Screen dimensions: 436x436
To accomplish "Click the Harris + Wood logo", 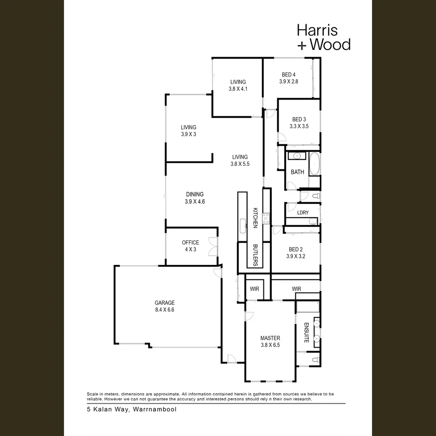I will tap(323, 37).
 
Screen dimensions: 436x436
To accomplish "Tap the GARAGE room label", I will tap(165, 303).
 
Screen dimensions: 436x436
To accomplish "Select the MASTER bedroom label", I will tap(270, 338).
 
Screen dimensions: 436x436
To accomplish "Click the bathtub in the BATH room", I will tap(314, 164).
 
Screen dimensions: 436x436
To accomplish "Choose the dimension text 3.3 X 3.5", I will tap(299, 126).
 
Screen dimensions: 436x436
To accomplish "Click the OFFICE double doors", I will tap(213, 247).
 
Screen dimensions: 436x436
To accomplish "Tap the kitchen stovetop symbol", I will tap(266, 218).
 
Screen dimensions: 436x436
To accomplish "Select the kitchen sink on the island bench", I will tap(243, 226).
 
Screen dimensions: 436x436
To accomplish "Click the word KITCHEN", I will tap(255, 218).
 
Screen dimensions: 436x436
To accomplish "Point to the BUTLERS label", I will tap(255, 255).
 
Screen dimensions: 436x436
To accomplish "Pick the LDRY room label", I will tap(303, 213).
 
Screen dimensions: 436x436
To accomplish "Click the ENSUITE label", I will tap(306, 333).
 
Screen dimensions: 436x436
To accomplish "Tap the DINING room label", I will tap(195, 194).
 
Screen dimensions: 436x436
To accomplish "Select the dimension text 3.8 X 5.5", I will tap(240, 164).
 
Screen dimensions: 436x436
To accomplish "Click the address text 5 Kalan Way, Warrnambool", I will tap(132, 409).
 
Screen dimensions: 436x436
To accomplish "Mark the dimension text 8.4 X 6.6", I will tap(165, 310).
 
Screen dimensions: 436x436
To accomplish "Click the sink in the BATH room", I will tap(297, 156).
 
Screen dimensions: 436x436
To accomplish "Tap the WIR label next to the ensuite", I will tap(296, 289).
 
